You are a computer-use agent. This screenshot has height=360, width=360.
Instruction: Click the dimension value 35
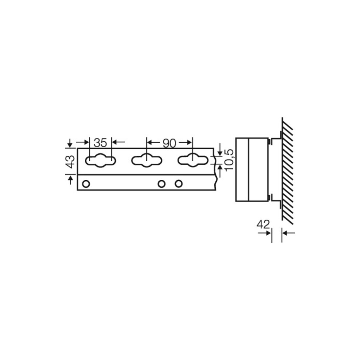click(x=100, y=143)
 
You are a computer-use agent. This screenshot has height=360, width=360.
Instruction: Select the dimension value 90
click(x=170, y=143)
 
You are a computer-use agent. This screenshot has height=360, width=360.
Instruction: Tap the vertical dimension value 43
click(x=71, y=162)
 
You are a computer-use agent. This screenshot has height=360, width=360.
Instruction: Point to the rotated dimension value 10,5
click(x=229, y=160)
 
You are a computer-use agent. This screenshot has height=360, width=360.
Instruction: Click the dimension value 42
click(x=263, y=225)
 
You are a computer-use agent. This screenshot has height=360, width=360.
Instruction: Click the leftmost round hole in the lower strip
click(x=86, y=184)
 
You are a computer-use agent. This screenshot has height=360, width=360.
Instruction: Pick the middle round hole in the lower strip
click(x=161, y=184)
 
